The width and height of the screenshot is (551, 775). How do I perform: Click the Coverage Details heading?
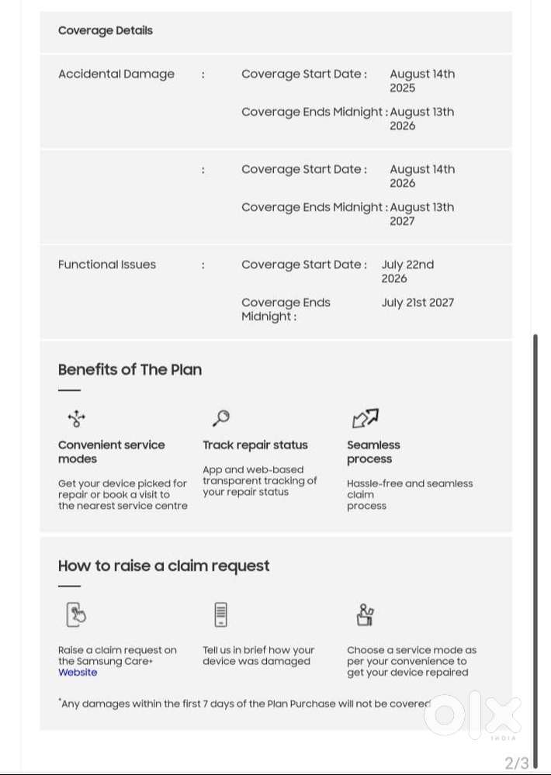[106, 31]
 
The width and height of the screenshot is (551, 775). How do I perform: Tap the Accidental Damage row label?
[116, 74]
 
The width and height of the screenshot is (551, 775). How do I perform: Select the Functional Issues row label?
[107, 265]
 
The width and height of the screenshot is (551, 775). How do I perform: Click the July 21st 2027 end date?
[418, 303]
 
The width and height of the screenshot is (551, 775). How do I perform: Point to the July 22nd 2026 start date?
[407, 271]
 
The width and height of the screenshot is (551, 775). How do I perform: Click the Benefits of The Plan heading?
[130, 369]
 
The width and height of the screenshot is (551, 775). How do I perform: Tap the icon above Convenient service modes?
[76, 419]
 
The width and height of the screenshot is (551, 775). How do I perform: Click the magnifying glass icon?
[220, 418]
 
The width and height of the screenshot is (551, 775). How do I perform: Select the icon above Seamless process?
[365, 419]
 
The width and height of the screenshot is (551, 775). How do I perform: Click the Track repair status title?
[255, 445]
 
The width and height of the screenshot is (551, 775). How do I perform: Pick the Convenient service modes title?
[111, 452]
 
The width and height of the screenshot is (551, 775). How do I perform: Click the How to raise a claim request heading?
[164, 566]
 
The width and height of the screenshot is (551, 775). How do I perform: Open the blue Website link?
[78, 673]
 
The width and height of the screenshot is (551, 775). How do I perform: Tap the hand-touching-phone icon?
[75, 614]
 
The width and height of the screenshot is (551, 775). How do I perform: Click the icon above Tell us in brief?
[221, 614]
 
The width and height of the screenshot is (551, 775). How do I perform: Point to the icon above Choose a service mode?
[365, 614]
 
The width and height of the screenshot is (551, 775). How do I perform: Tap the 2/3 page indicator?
[517, 763]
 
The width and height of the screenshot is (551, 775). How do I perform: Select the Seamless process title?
[373, 452]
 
